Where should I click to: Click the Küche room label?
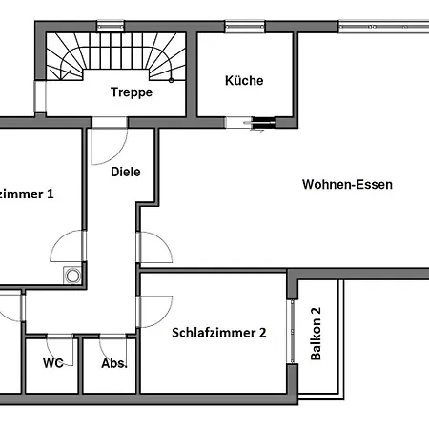click(x=244, y=80)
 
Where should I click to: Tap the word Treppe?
click(x=132, y=92)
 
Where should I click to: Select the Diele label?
click(x=126, y=172)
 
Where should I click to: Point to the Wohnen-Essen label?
click(x=347, y=184)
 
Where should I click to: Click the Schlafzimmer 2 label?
click(x=219, y=333)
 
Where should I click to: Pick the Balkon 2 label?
click(x=316, y=334)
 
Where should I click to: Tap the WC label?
click(x=53, y=363)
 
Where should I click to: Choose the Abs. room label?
click(x=114, y=363)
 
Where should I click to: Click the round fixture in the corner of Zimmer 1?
click(x=72, y=276)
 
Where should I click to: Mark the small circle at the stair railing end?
click(x=171, y=80)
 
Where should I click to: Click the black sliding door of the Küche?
click(x=263, y=123)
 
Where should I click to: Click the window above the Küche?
click(x=245, y=27)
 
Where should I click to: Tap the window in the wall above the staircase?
click(x=111, y=26)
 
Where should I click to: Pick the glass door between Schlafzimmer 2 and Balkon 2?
click(x=292, y=332)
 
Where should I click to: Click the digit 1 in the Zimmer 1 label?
click(x=51, y=194)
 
